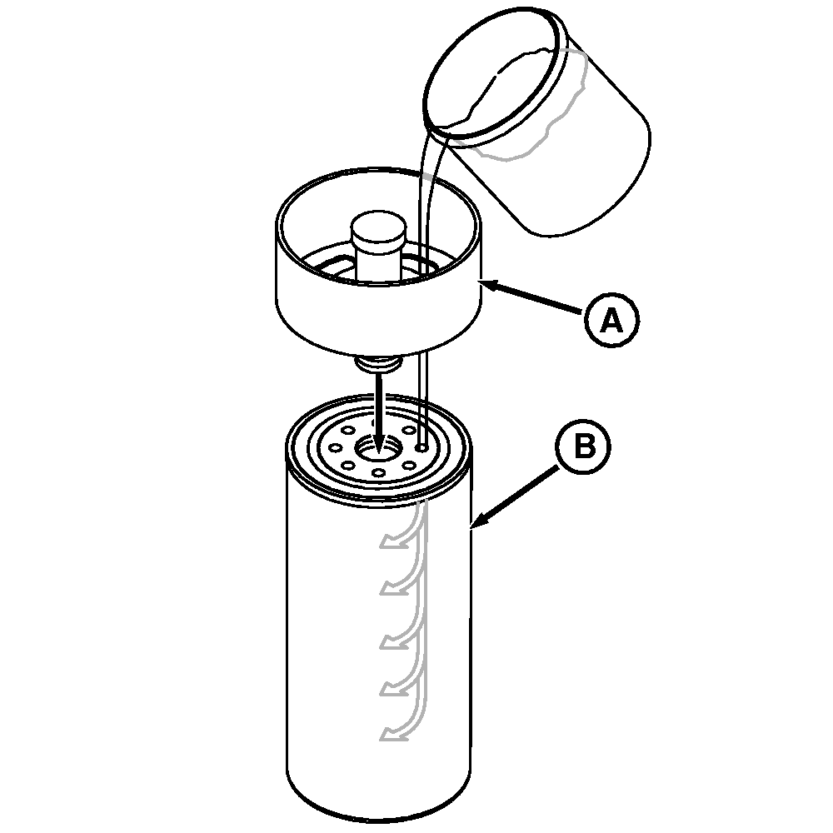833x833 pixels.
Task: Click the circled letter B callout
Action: click(583, 446)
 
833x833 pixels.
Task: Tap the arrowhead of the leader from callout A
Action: click(487, 286)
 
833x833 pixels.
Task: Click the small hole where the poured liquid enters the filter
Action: click(421, 448)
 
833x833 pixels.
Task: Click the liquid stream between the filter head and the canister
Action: click(423, 398)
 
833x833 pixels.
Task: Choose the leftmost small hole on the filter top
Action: click(335, 447)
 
